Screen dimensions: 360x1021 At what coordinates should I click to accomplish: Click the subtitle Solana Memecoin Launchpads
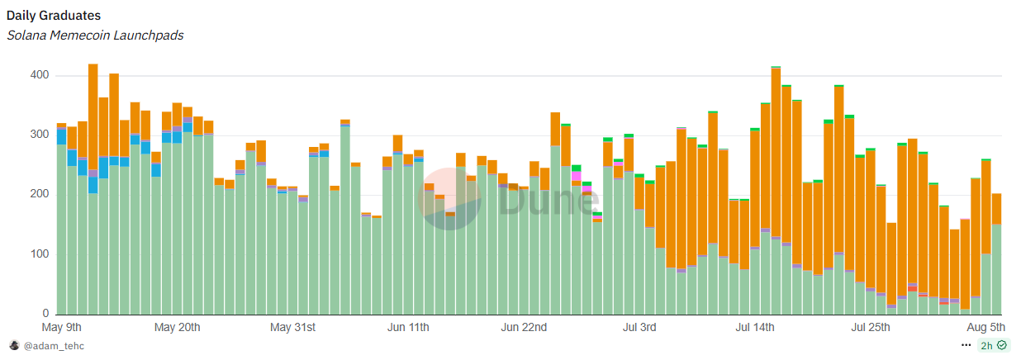(95, 35)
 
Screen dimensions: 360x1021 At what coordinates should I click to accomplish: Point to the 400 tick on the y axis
(40, 75)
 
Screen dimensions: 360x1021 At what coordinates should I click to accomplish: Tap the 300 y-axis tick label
(40, 135)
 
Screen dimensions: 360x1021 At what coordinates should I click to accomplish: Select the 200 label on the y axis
(40, 195)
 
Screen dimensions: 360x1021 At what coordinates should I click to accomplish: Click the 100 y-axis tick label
(40, 254)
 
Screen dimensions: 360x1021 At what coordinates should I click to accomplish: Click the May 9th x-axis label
(62, 328)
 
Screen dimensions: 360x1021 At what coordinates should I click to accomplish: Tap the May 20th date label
(178, 328)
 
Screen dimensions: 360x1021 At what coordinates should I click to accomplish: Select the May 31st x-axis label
(293, 328)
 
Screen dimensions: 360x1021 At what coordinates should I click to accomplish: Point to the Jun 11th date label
(408, 328)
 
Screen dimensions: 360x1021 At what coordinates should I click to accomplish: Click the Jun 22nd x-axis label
(524, 328)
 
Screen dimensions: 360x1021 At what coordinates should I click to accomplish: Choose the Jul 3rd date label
(639, 328)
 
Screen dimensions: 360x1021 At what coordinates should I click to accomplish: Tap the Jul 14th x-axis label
(754, 328)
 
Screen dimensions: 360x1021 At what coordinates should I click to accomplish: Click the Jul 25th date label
(870, 328)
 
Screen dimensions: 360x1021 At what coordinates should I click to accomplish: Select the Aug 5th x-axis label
(985, 328)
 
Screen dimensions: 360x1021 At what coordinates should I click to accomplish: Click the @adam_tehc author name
(54, 346)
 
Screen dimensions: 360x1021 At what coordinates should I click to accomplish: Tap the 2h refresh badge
(993, 345)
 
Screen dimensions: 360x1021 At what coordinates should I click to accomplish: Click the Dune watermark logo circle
(449, 198)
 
